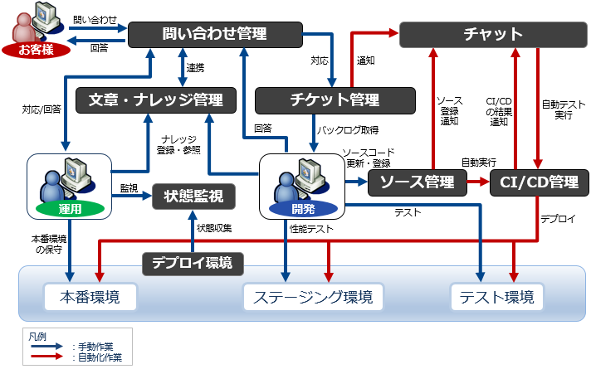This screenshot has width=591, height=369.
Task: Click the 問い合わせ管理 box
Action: [x=214, y=34]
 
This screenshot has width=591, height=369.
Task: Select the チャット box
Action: [x=493, y=34]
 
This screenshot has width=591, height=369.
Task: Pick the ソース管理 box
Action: [x=418, y=182]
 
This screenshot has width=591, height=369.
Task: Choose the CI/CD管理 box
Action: [x=540, y=182]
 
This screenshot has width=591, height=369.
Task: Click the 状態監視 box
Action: [x=193, y=197]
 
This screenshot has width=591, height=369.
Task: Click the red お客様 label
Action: [x=36, y=50]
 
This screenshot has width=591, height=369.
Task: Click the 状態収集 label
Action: [x=213, y=227]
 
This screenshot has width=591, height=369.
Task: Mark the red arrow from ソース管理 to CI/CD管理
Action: [x=479, y=182]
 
